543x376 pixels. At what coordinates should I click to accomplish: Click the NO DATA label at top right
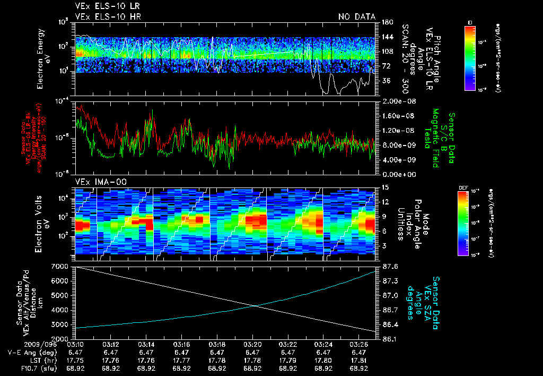pyautogui.click(x=356, y=17)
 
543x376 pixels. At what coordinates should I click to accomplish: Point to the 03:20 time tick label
pyautogui.click(x=252, y=344)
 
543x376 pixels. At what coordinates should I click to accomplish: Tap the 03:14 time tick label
pyautogui.click(x=146, y=344)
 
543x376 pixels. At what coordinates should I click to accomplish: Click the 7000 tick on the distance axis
pyautogui.click(x=61, y=266)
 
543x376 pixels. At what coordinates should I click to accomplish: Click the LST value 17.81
pyautogui.click(x=359, y=360)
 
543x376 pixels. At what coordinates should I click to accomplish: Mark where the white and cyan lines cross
pyautogui.click(x=256, y=305)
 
